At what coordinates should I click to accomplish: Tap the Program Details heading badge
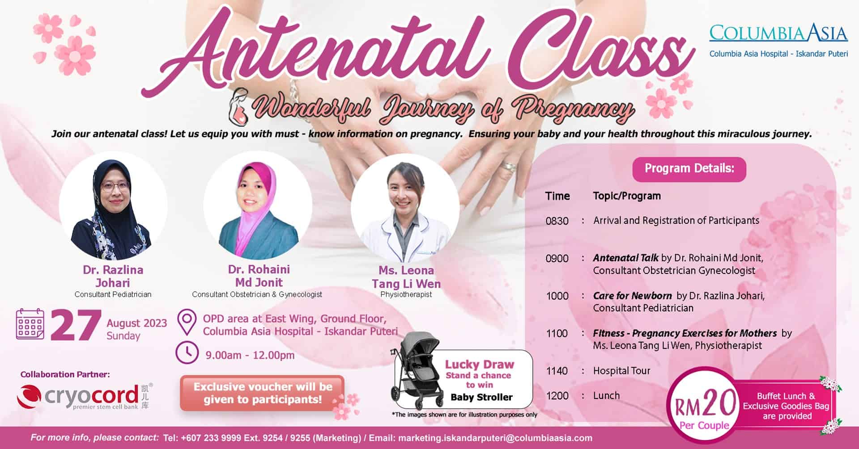[x=689, y=169]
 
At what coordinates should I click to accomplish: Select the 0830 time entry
[x=557, y=221]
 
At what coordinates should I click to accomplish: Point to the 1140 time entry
[x=557, y=371]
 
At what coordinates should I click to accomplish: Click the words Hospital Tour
[x=621, y=371]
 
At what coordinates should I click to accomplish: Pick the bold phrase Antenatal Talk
[x=625, y=258]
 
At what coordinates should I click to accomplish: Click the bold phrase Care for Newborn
[x=632, y=296]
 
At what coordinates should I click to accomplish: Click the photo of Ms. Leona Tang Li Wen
[x=405, y=208]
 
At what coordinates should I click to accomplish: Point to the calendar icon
[x=30, y=324]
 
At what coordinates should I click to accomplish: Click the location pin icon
[x=187, y=322]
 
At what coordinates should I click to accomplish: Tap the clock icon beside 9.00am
[x=187, y=352]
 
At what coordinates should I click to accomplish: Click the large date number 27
[x=75, y=325]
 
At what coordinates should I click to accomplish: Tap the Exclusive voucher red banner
[x=263, y=393]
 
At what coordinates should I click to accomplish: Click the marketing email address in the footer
[x=495, y=438]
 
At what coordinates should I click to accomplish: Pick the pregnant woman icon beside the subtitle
[x=238, y=106]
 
